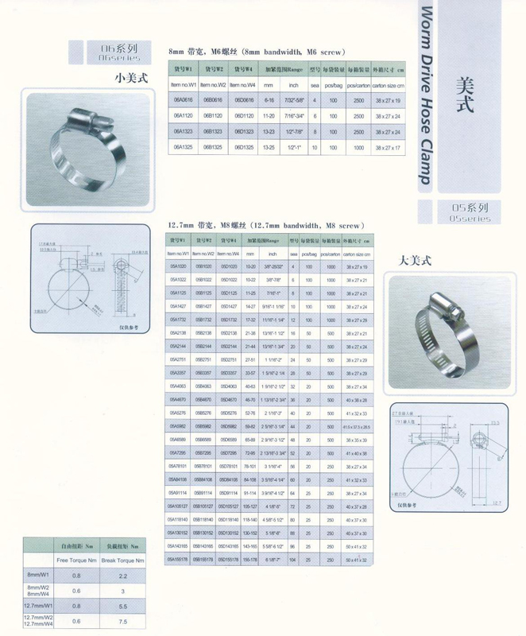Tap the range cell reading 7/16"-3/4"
(x=292, y=116)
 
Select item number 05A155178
(x=179, y=560)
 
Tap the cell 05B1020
(x=203, y=266)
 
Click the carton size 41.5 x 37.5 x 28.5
(x=357, y=427)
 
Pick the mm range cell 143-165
(x=252, y=547)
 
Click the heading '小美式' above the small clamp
(x=126, y=77)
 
